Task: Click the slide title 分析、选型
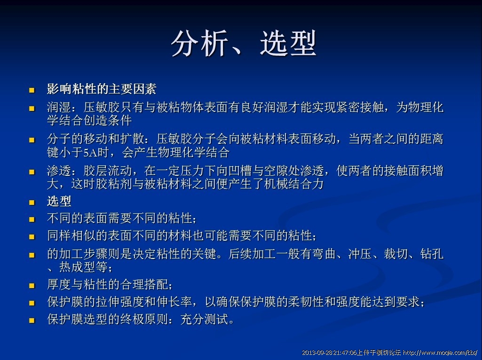pyautogui.click(x=244, y=43)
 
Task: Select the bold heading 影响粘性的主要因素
pyautogui.click(x=102, y=89)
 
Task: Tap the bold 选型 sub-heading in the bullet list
pyautogui.click(x=59, y=202)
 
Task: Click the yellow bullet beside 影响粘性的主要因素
pyautogui.click(x=32, y=90)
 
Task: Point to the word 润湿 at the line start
pyautogui.click(x=59, y=108)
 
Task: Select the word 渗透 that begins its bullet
pyautogui.click(x=59, y=171)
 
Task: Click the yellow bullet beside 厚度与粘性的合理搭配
pyautogui.click(x=32, y=286)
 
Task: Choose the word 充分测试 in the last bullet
pyautogui.click(x=205, y=320)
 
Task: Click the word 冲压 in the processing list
pyautogui.click(x=360, y=254)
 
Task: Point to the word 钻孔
pyautogui.click(x=432, y=254)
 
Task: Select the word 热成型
pyautogui.click(x=77, y=267)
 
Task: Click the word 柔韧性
pyautogui.click(x=306, y=302)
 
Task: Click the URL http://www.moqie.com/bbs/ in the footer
pyautogui.click(x=440, y=352)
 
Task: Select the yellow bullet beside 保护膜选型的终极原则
pyautogui.click(x=32, y=321)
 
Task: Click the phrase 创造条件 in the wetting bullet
pyautogui.click(x=108, y=120)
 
